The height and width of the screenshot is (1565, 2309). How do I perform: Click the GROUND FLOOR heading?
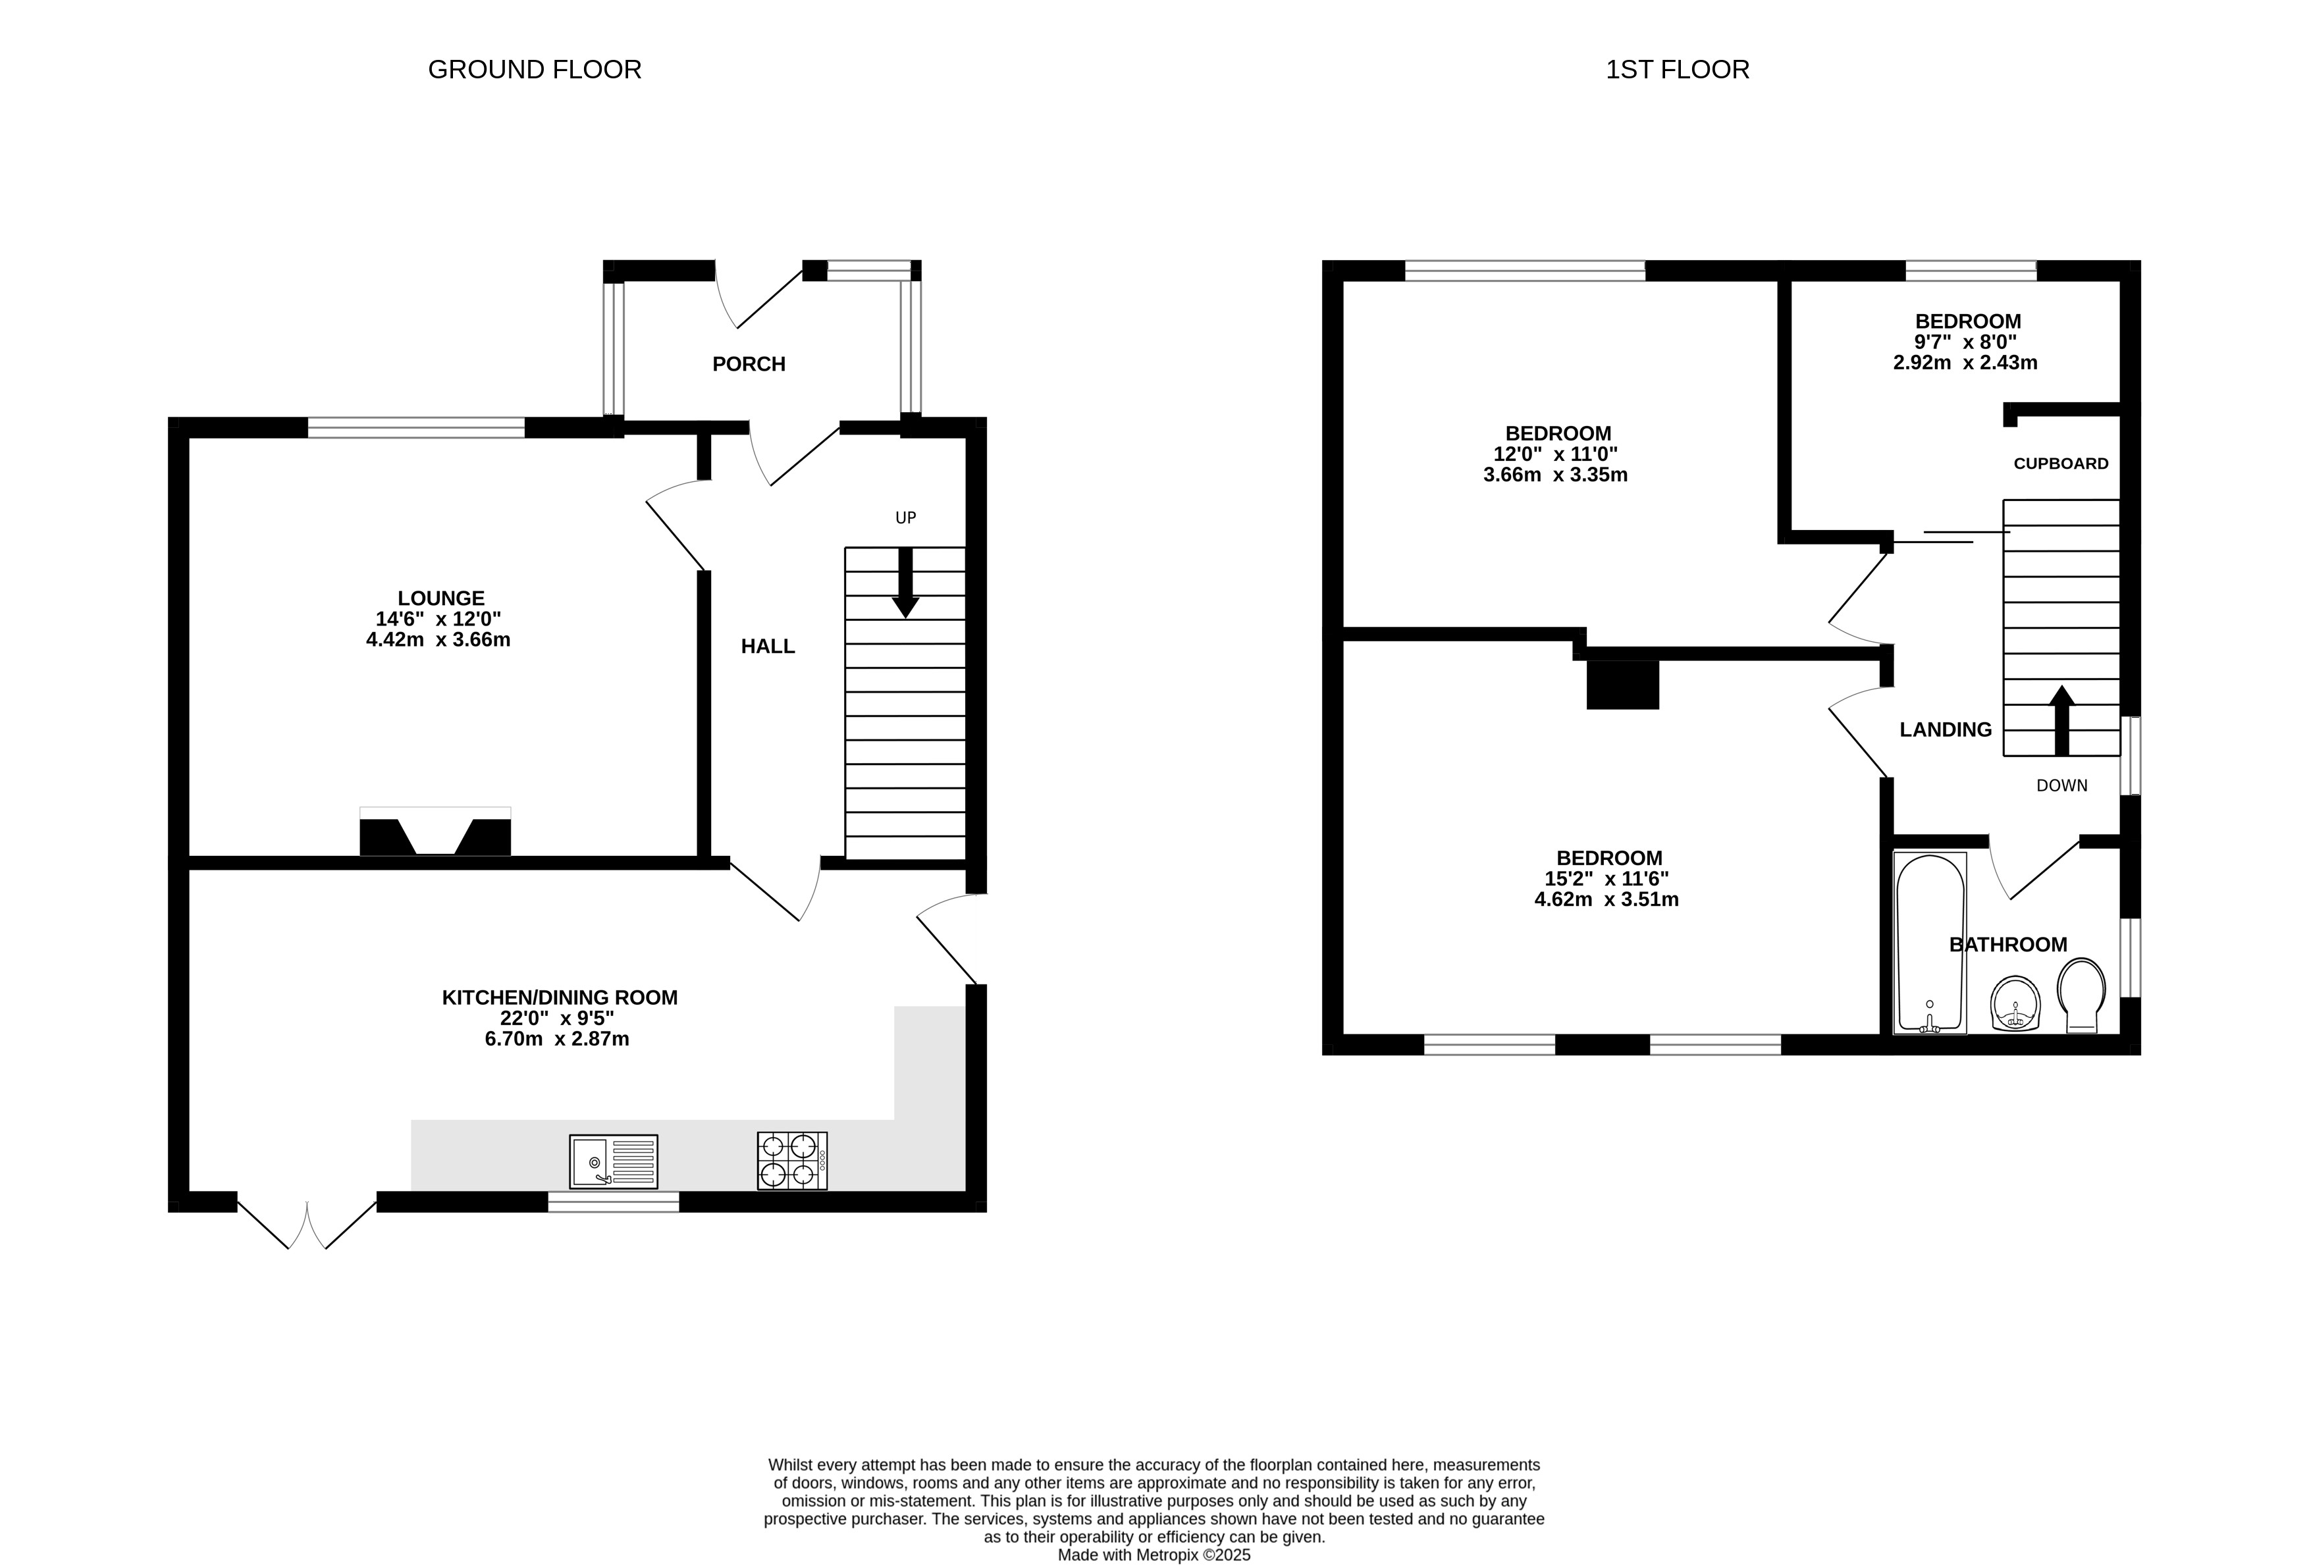tap(535, 70)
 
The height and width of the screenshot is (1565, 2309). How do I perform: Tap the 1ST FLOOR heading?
tap(1677, 70)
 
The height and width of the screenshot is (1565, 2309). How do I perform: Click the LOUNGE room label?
tap(441, 598)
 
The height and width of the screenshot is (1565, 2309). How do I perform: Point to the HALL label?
tap(768, 647)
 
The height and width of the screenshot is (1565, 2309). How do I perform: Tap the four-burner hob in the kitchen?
tap(792, 1161)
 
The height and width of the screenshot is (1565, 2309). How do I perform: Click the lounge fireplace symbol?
tap(435, 832)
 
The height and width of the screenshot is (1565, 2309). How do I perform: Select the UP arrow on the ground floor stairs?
tap(905, 582)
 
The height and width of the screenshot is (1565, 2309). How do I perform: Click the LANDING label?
tap(1946, 730)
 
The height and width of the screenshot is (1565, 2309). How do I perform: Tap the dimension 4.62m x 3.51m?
tap(1606, 900)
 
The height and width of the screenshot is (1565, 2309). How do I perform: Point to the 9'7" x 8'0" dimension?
tap(1967, 342)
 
